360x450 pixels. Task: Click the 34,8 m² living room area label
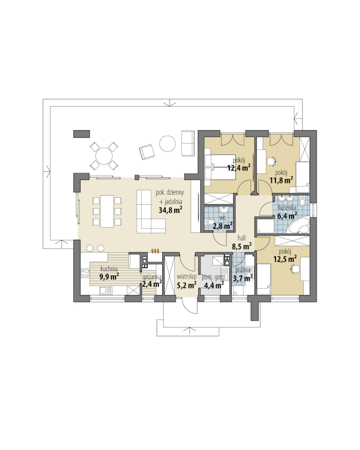[x=170, y=210]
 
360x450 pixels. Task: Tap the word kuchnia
[x=109, y=269]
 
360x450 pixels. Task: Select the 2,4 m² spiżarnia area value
[x=152, y=284]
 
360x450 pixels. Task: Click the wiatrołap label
[x=186, y=277]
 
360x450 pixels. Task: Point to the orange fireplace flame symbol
[x=155, y=252]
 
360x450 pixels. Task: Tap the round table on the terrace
[x=167, y=143]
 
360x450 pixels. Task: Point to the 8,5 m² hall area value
[x=241, y=246]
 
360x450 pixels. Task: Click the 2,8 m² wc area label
[x=222, y=226]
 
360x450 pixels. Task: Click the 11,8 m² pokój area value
[x=281, y=180]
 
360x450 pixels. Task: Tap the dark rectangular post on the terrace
[x=82, y=134]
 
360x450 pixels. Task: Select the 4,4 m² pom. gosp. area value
[x=214, y=285]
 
